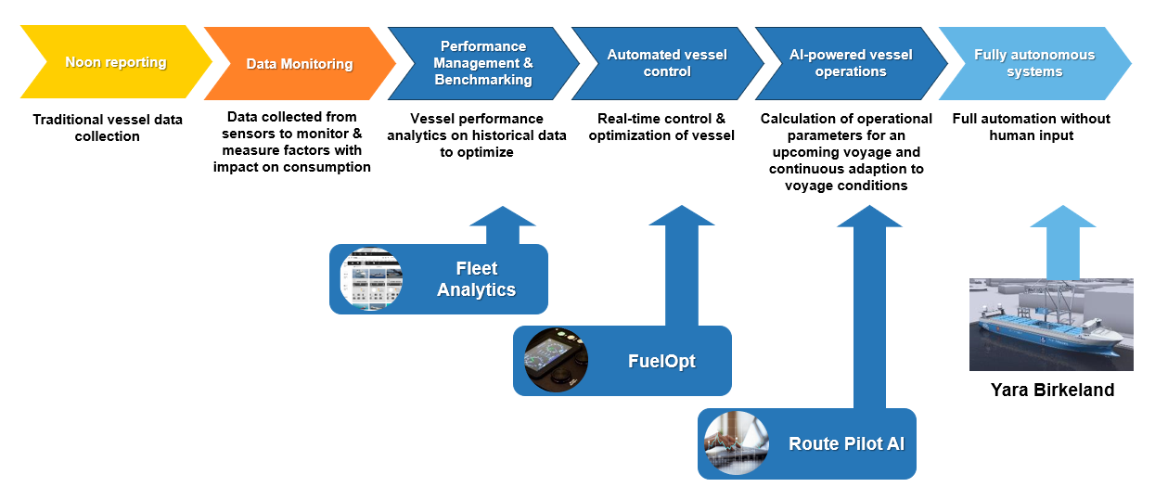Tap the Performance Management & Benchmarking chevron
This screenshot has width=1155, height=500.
(482, 63)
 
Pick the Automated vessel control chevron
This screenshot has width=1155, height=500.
(666, 63)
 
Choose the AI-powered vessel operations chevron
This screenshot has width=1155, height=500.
(850, 63)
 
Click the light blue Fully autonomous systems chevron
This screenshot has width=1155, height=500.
(1033, 63)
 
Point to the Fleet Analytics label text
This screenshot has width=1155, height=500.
(476, 279)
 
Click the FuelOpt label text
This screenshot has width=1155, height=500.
(661, 361)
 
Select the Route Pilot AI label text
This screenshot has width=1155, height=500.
(846, 443)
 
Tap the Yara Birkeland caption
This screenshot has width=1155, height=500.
(1052, 390)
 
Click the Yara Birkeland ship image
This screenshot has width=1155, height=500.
(1051, 324)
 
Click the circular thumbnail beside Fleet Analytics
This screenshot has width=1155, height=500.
(371, 279)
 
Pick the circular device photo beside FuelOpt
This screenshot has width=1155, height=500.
(556, 361)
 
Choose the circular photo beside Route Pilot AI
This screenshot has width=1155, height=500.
(737, 443)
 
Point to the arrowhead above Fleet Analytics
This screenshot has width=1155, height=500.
(503, 217)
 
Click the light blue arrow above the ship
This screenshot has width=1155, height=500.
(1062, 240)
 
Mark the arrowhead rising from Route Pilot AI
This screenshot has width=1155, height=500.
(869, 217)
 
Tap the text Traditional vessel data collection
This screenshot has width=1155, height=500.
(108, 128)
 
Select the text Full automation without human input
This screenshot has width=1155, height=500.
(1031, 127)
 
